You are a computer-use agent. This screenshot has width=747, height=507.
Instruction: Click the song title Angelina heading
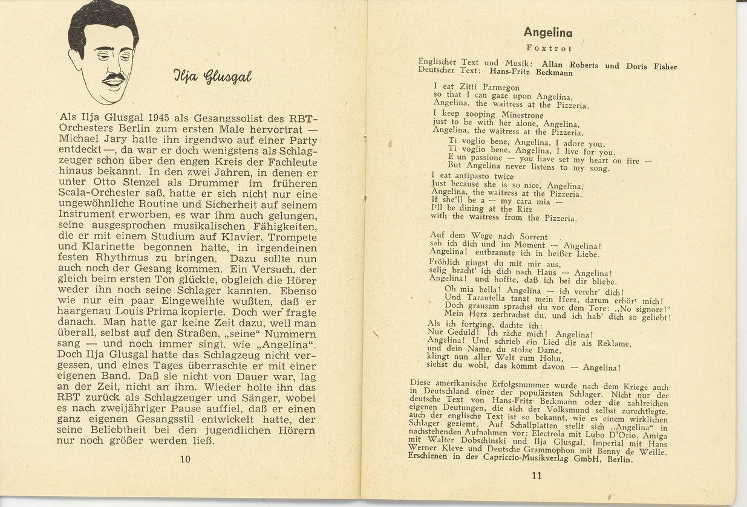coord(547,32)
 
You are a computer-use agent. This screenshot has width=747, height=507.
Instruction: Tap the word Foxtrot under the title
coord(549,48)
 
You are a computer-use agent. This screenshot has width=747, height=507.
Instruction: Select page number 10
coord(185,459)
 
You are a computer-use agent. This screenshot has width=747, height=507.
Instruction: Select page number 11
coord(537,476)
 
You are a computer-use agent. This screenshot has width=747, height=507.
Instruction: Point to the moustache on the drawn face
coord(114,78)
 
